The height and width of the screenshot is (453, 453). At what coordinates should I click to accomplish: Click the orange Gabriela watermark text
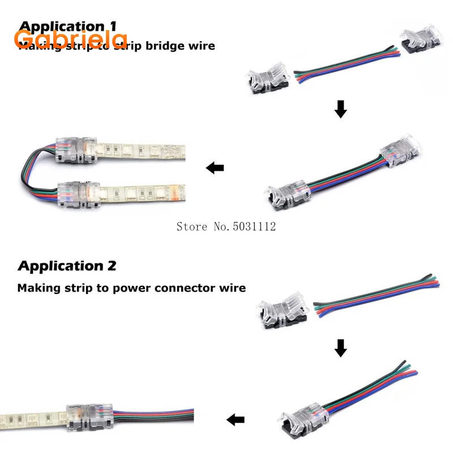click(x=71, y=39)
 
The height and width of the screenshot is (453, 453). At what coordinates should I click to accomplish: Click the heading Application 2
click(x=67, y=266)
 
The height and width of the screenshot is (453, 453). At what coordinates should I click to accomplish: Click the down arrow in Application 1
click(x=340, y=109)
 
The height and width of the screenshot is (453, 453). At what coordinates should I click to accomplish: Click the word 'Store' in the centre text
click(x=191, y=226)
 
